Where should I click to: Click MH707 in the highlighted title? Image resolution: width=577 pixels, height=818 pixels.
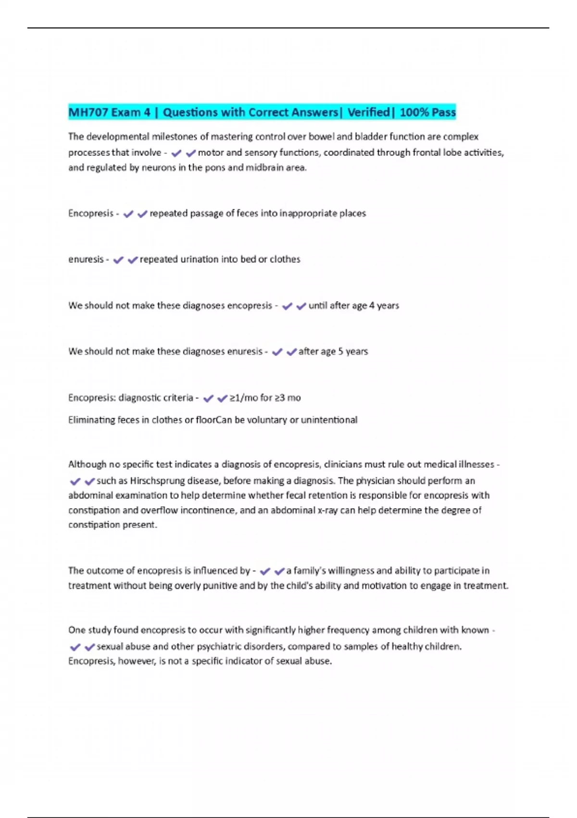click(x=85, y=113)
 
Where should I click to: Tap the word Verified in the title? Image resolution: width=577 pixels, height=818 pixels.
click(x=368, y=113)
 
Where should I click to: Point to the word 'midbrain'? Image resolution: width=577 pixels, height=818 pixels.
click(x=265, y=168)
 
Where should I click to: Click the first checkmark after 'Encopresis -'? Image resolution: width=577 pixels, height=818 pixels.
click(x=128, y=214)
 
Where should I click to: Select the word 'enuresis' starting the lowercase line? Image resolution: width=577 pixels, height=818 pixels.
click(x=86, y=259)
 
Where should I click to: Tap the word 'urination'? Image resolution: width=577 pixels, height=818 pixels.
click(x=199, y=259)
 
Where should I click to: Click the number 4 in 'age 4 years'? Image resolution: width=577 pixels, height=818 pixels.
click(x=372, y=306)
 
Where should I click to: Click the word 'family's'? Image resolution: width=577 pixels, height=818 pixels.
click(x=310, y=571)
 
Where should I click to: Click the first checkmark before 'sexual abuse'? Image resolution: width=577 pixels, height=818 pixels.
click(x=75, y=647)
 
